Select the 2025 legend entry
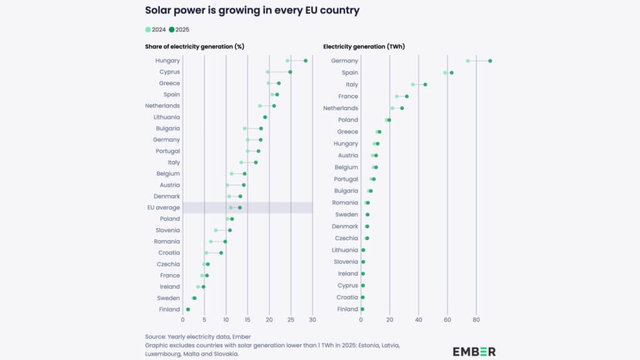pyautogui.click(x=179, y=29)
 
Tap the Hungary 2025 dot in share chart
pyautogui.click(x=306, y=61)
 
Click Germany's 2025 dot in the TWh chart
pyautogui.click(x=490, y=61)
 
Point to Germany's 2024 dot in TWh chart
pyautogui.click(x=467, y=61)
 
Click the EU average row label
pyautogui.click(x=164, y=207)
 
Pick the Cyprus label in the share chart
pyautogui.click(x=169, y=72)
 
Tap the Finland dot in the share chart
pyautogui.click(x=188, y=309)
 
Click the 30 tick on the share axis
pyautogui.click(x=312, y=319)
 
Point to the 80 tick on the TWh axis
pyautogui.click(x=476, y=319)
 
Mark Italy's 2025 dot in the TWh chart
pyautogui.click(x=425, y=84)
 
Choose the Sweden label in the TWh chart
pyautogui.click(x=347, y=214)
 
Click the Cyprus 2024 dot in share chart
pyautogui.click(x=267, y=72)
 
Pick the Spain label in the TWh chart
pyautogui.click(x=349, y=72)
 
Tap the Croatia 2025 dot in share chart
pyautogui.click(x=221, y=253)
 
